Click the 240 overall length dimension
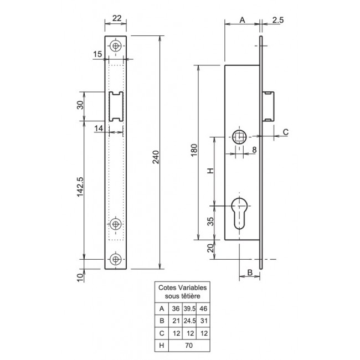156,157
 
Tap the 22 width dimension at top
117,18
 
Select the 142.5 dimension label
80,187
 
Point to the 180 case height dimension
194,150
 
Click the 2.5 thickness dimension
278,20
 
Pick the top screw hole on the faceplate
116,46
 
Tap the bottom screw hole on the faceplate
116,259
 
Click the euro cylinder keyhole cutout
239,213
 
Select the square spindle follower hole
239,137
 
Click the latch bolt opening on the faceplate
116,106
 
